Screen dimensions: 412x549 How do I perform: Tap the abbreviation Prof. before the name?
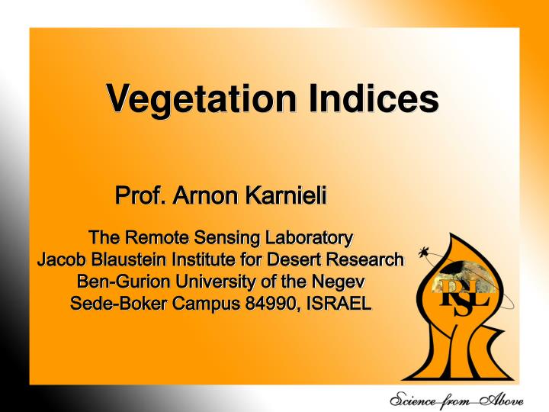(140, 197)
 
